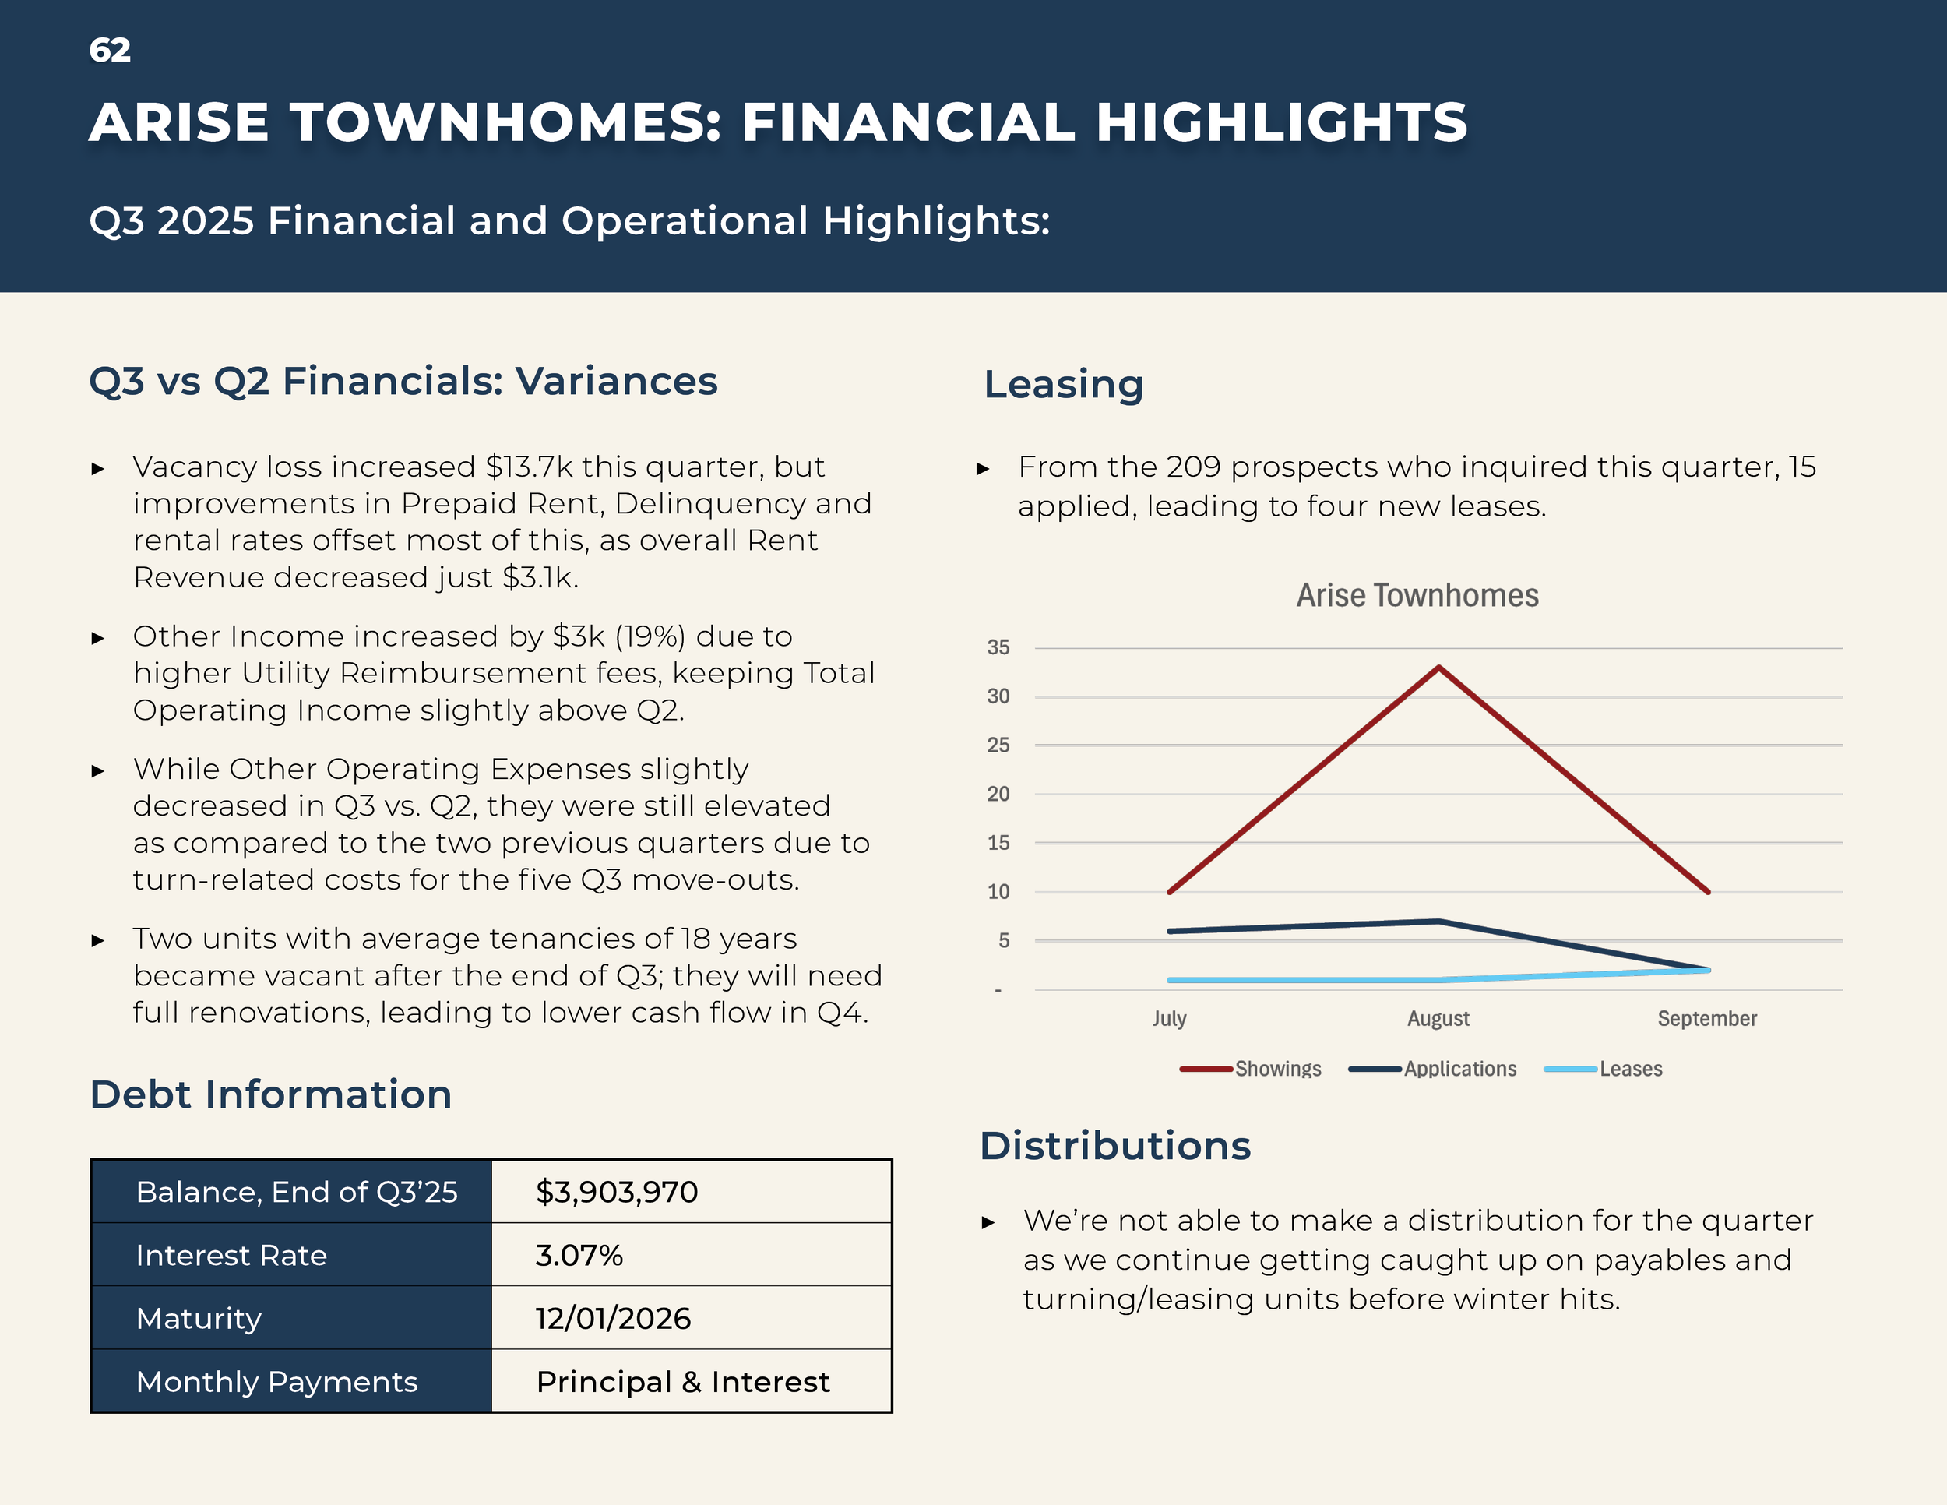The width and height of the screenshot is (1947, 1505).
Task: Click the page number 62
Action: tap(110, 50)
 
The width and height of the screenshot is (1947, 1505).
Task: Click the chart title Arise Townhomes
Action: tap(1417, 594)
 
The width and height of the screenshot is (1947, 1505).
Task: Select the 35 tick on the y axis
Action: tap(998, 647)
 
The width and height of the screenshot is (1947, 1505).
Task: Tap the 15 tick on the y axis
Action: tap(998, 843)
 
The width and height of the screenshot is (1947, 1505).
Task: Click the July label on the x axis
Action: tap(1169, 1018)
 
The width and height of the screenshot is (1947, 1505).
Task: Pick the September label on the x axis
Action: tap(1706, 1018)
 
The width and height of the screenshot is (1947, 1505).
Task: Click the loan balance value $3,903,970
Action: tap(616, 1192)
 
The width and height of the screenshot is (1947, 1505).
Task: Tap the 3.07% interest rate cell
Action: tap(579, 1256)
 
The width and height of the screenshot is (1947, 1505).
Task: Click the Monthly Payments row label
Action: tap(276, 1382)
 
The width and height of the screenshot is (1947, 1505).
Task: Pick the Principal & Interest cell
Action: tap(682, 1382)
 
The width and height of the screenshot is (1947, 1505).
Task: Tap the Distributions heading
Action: tap(1114, 1146)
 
